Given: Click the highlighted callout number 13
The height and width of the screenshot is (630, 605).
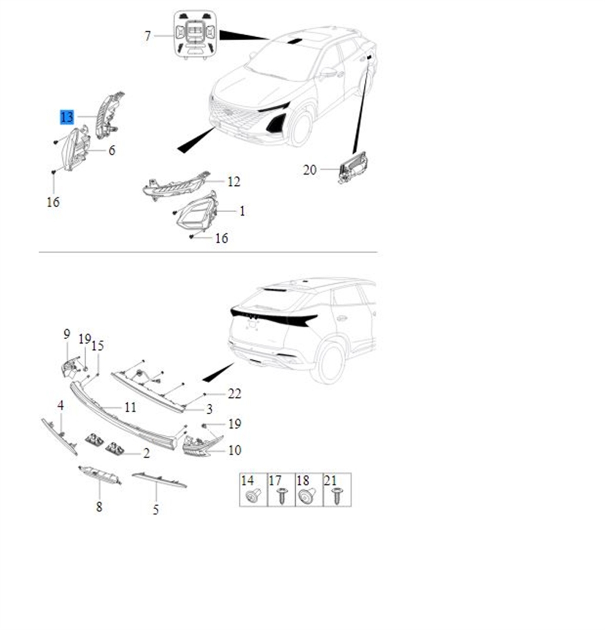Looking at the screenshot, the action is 67,117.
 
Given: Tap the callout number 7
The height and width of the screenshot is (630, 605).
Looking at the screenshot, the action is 148,36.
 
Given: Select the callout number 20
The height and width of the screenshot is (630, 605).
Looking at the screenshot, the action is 310,170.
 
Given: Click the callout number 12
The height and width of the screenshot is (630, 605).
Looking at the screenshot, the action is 233,182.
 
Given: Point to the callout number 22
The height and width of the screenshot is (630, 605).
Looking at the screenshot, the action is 234,394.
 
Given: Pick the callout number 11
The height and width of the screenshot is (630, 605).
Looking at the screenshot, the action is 130,407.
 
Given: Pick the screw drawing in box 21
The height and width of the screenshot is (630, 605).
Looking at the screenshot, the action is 337,496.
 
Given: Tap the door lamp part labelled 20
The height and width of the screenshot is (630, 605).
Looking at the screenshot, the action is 352,167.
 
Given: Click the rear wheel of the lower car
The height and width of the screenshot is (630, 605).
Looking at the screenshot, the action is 331,363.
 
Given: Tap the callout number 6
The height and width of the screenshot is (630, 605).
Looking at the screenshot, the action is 112,151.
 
